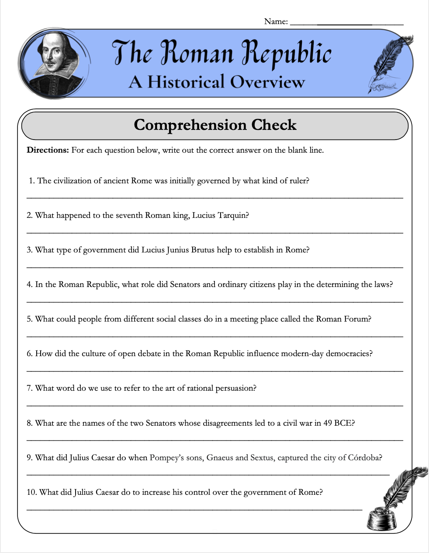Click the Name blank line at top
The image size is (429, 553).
tap(346, 24)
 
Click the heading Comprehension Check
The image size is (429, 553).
tap(215, 125)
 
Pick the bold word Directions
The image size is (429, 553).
tap(48, 150)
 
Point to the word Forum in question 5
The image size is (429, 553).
tap(357, 319)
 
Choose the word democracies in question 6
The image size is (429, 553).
tap(349, 353)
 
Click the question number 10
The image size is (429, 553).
tap(31, 492)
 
